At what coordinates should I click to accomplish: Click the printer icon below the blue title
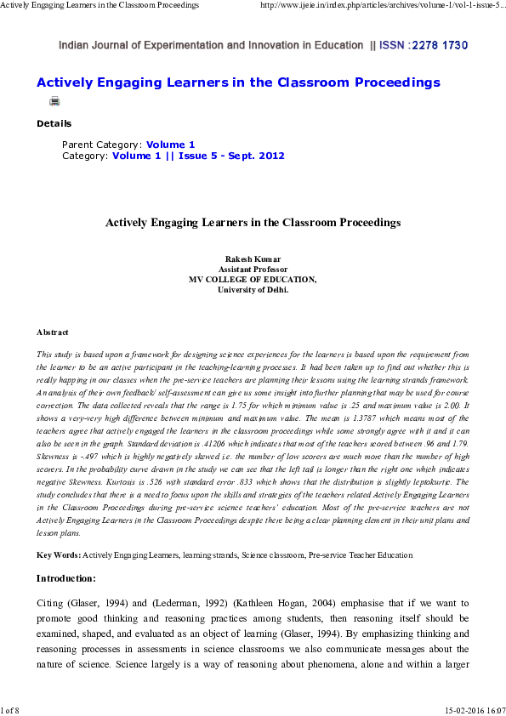click(x=55, y=101)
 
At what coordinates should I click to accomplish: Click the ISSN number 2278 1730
click(x=439, y=45)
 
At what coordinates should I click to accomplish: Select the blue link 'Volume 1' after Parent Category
click(x=170, y=145)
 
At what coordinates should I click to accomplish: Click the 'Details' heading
click(x=54, y=123)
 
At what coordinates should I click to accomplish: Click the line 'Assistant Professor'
click(x=253, y=269)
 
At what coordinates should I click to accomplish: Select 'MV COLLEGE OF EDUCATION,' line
click(x=253, y=279)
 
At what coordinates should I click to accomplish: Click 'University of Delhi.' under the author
click(x=253, y=289)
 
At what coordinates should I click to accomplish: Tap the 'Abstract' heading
click(x=52, y=332)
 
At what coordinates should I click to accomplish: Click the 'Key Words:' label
click(x=58, y=554)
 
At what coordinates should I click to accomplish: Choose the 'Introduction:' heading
click(x=65, y=578)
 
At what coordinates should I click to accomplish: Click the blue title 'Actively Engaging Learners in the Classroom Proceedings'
click(x=238, y=82)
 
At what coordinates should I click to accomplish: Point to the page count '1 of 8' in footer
click(x=11, y=708)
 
